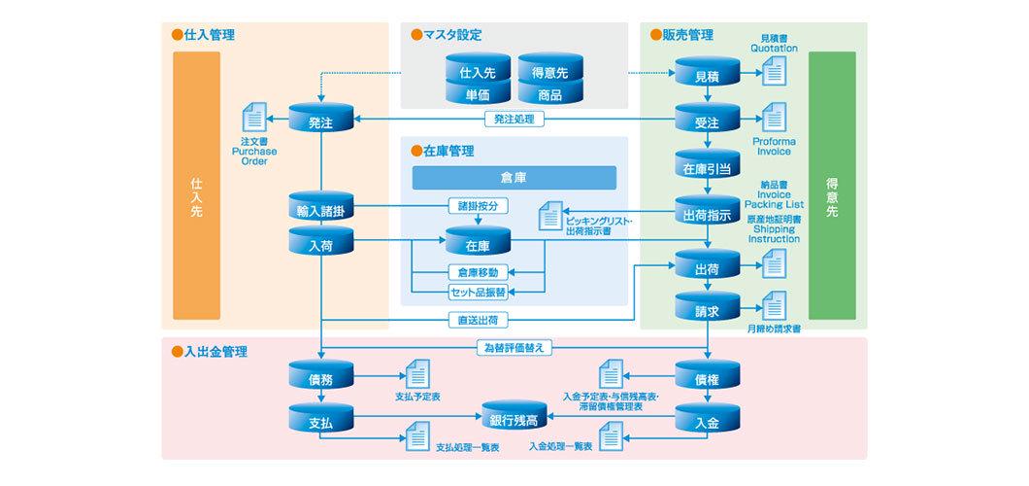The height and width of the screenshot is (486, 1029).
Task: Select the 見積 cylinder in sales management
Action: pyautogui.click(x=708, y=74)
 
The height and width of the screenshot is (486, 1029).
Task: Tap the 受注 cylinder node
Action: pyautogui.click(x=708, y=122)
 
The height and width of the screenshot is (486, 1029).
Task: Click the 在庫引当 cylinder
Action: pyautogui.click(x=708, y=167)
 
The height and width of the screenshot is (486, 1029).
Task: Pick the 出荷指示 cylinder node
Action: pyautogui.click(x=708, y=215)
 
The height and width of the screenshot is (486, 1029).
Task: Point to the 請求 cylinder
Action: pyautogui.click(x=708, y=310)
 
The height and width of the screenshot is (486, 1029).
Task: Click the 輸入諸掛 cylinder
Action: pyautogui.click(x=321, y=209)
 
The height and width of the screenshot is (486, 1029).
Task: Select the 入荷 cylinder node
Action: pyautogui.click(x=321, y=245)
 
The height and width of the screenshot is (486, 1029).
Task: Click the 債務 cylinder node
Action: pyautogui.click(x=321, y=378)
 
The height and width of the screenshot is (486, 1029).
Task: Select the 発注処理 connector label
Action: pyautogui.click(x=514, y=121)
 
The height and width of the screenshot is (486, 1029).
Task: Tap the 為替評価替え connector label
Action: pyautogui.click(x=514, y=347)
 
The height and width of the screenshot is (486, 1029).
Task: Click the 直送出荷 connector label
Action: pyautogui.click(x=480, y=319)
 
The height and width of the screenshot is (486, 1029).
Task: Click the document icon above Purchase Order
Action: pyautogui.click(x=253, y=120)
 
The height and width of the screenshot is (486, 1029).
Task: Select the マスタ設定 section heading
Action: pyautogui.click(x=452, y=35)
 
